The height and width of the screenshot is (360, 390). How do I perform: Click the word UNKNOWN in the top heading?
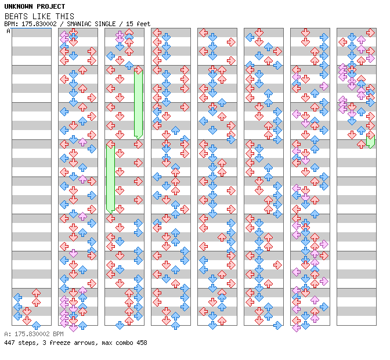click(18, 6)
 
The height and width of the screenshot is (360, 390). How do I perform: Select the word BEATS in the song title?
click(16, 16)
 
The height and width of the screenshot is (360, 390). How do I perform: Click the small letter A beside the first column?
click(8, 31)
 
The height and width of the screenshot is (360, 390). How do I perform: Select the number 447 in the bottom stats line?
click(9, 343)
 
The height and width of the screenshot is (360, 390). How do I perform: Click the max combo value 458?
click(141, 343)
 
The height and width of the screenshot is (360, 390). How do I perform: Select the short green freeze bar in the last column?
click(370, 141)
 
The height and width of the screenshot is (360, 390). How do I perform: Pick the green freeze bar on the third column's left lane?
click(110, 178)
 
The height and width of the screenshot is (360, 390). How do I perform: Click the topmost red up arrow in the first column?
click(36, 293)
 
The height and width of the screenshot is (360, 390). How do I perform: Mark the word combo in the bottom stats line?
click(121, 343)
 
